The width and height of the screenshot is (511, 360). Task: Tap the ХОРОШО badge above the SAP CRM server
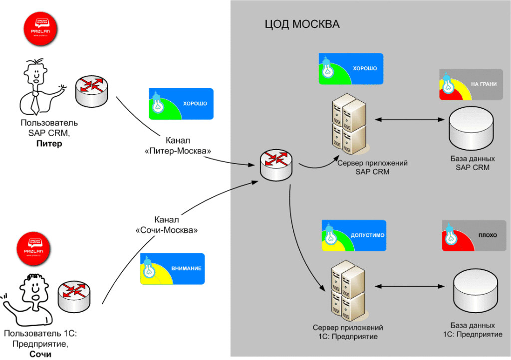[351, 68]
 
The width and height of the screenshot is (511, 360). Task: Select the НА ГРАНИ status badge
[471, 85]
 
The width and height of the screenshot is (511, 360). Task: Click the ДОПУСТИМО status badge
[354, 235]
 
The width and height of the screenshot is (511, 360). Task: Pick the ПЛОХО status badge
[474, 235]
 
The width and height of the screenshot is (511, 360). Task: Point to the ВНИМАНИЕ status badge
[172, 268]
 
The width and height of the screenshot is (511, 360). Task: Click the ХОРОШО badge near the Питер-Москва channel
[181, 104]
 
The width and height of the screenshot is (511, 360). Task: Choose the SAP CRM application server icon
[349, 124]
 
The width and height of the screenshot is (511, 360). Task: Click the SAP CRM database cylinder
[472, 130]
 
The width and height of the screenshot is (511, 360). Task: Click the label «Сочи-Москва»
[167, 231]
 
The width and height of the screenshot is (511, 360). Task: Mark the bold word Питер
[49, 144]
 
